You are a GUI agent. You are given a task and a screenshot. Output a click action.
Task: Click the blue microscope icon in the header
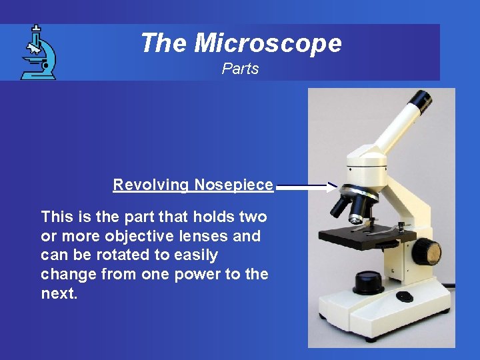(38, 53)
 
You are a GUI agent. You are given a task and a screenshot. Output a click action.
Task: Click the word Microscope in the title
(267, 43)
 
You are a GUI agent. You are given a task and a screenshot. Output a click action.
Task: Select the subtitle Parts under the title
(240, 69)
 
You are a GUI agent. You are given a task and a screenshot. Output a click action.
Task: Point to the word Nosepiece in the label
(233, 185)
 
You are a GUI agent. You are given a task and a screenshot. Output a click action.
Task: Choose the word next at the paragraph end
(58, 293)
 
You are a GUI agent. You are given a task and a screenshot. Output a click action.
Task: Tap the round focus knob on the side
(427, 252)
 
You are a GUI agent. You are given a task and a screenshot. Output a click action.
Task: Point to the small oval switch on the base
(405, 296)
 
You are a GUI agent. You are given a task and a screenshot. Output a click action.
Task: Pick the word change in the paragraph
(65, 274)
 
